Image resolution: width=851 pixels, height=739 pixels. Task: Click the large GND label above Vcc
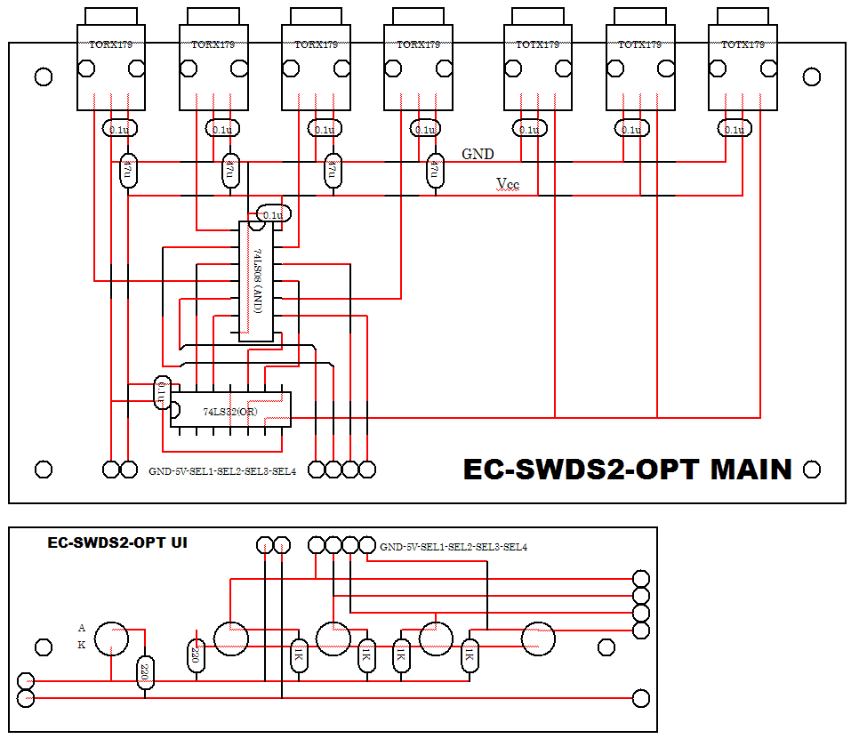pos(478,154)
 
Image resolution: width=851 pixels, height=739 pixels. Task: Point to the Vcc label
pos(509,184)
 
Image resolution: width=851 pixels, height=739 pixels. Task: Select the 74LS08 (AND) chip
pos(256,280)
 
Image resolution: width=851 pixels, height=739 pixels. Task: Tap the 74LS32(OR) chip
pos(230,410)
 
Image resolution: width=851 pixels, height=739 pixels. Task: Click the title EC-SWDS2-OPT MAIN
pos(627,470)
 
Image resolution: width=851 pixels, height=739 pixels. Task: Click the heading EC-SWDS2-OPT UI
pos(116,542)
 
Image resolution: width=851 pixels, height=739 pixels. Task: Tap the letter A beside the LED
pos(82,628)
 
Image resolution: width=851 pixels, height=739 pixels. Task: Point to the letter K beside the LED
pos(82,646)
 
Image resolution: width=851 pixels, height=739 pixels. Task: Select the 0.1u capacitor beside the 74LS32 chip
pos(162,392)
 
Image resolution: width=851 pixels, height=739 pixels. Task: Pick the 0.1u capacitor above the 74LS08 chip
pos(273,214)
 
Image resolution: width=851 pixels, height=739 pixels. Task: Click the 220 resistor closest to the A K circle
pos(144,674)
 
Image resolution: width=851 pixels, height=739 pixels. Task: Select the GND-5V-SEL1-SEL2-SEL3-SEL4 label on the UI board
pos(454,547)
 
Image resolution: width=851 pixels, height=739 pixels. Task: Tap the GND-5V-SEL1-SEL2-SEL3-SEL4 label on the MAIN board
pos(222,470)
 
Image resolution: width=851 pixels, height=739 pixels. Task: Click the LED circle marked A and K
pos(112,638)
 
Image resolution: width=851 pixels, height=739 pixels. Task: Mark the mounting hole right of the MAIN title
pos(811,469)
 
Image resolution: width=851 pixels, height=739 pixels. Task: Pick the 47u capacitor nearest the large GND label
pos(435,171)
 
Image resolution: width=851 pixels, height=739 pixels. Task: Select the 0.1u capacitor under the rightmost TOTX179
pos(734,129)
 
